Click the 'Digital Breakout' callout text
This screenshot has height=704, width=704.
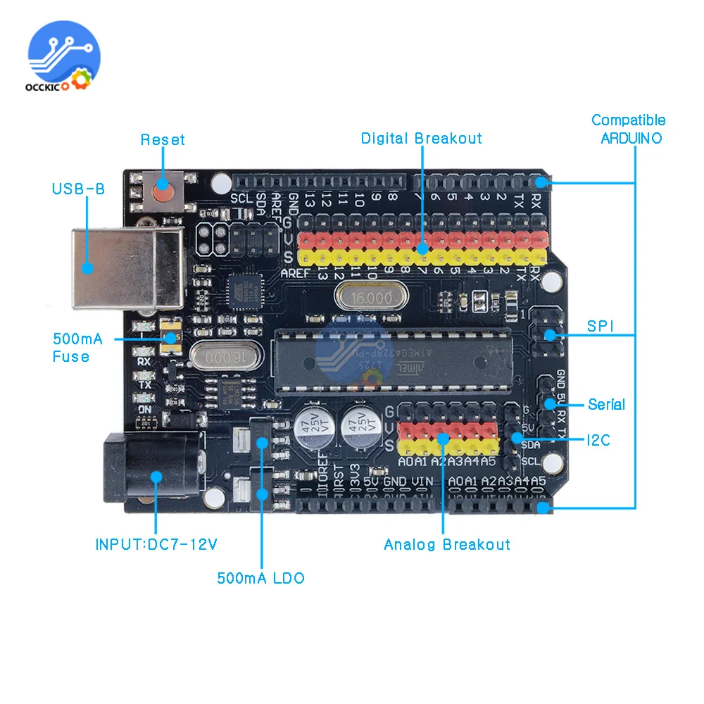[421, 138]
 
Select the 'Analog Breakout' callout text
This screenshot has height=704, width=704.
[447, 544]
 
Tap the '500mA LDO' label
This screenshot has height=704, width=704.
[260, 578]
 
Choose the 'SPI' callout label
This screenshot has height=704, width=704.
[601, 327]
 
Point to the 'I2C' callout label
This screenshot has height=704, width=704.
[598, 441]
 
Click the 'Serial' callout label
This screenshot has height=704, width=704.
[606, 404]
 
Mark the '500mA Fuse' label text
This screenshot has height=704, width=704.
[77, 348]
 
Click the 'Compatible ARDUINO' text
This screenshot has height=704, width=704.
[629, 129]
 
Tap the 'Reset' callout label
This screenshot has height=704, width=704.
[163, 139]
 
